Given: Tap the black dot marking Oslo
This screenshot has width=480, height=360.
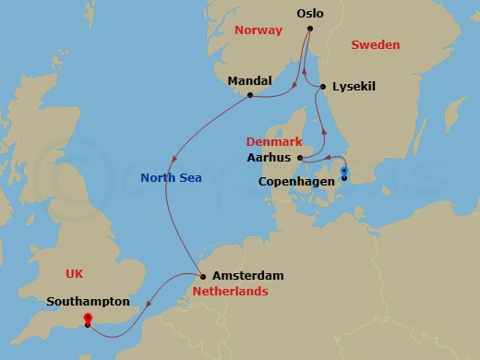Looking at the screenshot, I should [x=310, y=30].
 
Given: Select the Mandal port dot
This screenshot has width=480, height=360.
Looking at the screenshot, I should [x=250, y=94].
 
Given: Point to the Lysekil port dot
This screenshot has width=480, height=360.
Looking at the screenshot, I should [x=322, y=88].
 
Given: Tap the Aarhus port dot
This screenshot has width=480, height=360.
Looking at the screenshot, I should [x=300, y=158].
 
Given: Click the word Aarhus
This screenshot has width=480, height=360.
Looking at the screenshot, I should [x=270, y=158].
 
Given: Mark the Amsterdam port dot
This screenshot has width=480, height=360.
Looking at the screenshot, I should [x=202, y=276].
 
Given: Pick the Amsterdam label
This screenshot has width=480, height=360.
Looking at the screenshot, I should [x=247, y=276].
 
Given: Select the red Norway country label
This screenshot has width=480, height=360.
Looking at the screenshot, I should [x=258, y=30].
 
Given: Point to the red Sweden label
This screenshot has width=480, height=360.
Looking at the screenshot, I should [x=375, y=44].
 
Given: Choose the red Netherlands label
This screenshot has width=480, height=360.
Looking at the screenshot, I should [x=230, y=292].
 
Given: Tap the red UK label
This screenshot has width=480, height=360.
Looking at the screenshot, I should [x=75, y=273].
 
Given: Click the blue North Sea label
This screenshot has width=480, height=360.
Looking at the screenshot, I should [x=171, y=177].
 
